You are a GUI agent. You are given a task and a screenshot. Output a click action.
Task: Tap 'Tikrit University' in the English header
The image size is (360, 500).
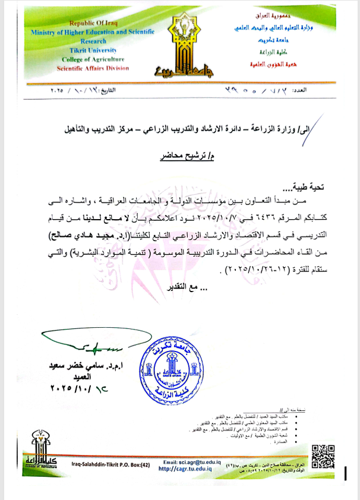coord(90,51)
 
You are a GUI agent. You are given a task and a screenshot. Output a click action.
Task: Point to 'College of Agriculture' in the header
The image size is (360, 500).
coord(91,59)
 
